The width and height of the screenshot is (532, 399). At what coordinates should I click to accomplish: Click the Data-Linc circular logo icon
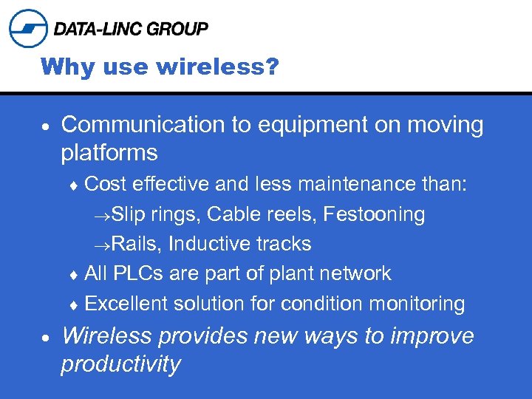pos(28,28)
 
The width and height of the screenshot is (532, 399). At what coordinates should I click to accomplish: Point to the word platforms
pos(109,153)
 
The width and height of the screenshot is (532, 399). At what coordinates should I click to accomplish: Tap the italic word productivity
pos(120,364)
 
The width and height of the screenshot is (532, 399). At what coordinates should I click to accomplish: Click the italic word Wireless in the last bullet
pos(107,336)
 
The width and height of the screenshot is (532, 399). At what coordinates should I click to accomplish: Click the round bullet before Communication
pos(47,126)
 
